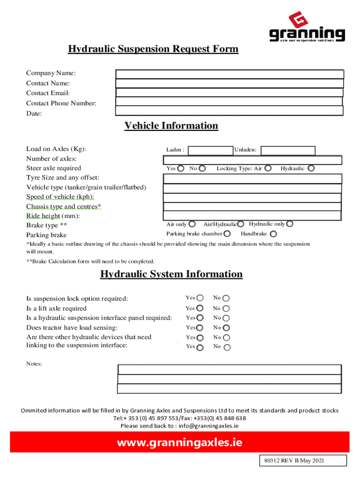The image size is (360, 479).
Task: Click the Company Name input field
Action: [230, 74]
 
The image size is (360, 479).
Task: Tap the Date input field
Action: [229, 110]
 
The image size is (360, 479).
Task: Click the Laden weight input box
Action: [210, 150]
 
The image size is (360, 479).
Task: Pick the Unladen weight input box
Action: [288, 150]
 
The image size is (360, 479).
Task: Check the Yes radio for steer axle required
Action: [180, 168]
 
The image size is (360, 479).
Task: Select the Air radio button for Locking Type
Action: [268, 168]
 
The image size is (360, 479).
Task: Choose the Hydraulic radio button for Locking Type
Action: [311, 168]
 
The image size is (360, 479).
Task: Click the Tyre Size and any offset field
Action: [252, 179]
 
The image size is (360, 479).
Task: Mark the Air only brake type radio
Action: [192, 225]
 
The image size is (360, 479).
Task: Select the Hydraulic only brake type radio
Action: [290, 224]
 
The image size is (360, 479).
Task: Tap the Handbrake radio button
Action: [274, 234]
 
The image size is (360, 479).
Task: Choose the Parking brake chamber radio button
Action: [227, 234]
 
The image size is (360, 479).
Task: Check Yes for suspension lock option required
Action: [200, 298]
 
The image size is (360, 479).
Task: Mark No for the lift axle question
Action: [226, 309]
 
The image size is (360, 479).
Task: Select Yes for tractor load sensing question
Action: [200, 328]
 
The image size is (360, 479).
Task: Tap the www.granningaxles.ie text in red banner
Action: [180, 442]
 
